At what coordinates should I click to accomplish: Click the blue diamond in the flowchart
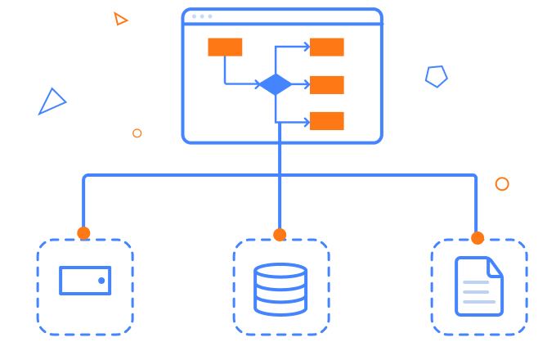275,84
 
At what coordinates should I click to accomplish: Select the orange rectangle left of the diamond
225,47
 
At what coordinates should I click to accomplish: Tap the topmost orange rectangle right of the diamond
326,47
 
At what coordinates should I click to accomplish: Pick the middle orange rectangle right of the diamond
326,84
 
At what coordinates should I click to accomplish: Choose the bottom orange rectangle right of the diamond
326,121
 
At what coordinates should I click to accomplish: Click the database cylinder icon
280,289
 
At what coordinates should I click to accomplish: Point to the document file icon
478,286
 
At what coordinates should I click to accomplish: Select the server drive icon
85,281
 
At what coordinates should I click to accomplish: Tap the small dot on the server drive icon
101,281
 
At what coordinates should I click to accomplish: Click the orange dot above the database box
280,235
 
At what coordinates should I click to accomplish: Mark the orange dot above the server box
83,233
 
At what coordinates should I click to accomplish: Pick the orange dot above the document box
478,238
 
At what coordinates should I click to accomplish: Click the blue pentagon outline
436,76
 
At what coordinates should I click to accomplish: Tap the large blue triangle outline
52,102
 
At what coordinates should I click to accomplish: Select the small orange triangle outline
120,19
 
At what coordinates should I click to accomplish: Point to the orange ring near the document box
502,184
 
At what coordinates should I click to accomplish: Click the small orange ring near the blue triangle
137,133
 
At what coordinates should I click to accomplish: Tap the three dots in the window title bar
201,16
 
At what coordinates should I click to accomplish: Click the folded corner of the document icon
495,266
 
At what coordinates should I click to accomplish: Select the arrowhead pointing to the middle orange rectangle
305,84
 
